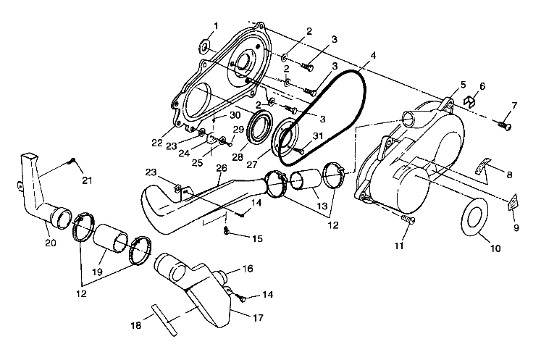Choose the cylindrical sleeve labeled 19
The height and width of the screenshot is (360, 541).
112,240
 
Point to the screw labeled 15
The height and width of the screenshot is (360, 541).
227,230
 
